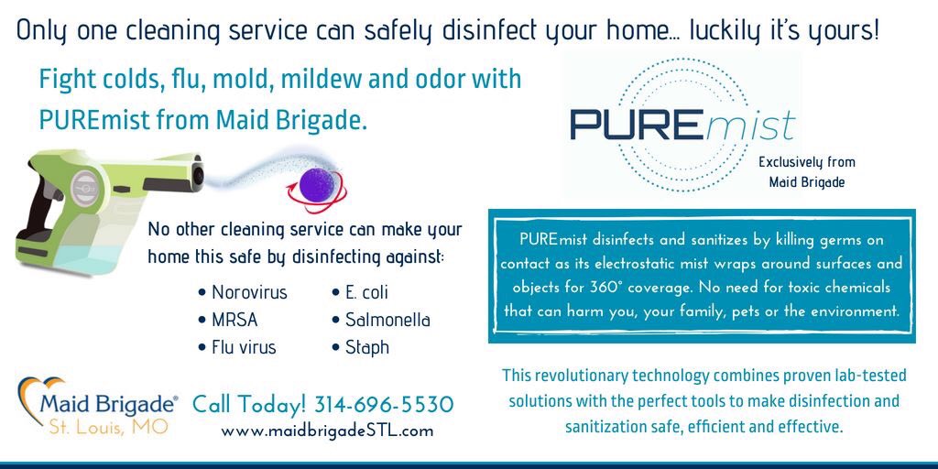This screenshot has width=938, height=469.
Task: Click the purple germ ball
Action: [314, 181]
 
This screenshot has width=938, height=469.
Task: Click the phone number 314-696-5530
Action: [384, 404]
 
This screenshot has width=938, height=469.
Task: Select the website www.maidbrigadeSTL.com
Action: [327, 431]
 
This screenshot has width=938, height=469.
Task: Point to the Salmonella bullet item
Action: [387, 321]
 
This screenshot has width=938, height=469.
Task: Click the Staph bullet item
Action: [366, 348]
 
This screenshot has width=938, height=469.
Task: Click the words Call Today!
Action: [249, 404]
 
